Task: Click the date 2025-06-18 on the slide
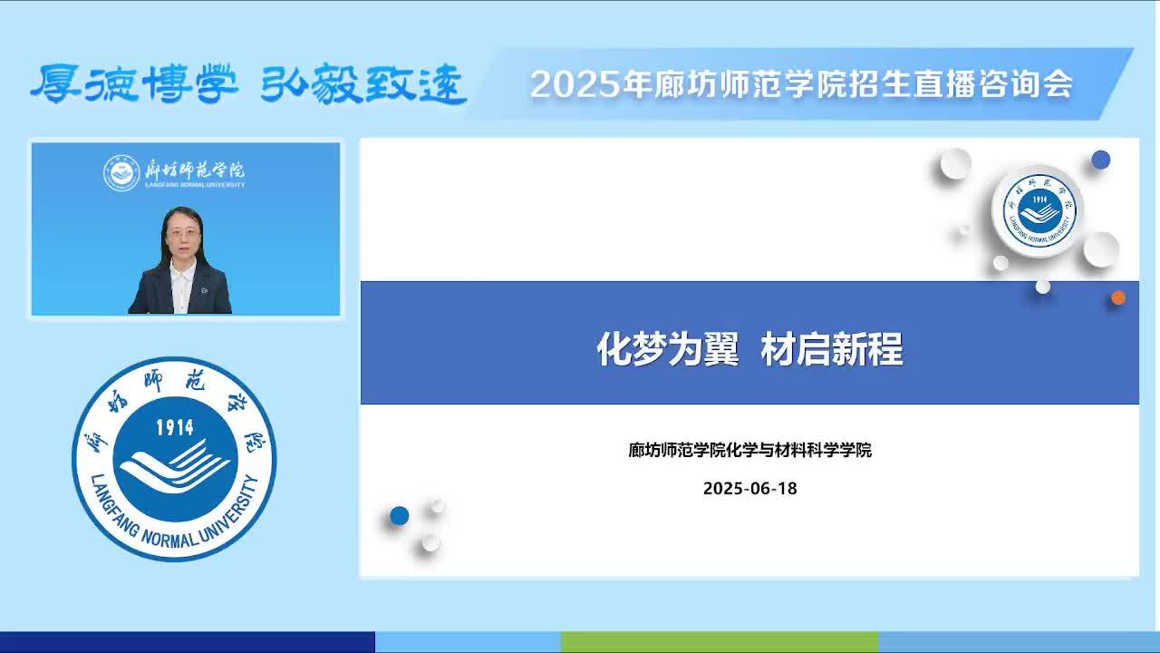tap(749, 488)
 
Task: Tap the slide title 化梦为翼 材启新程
tap(749, 349)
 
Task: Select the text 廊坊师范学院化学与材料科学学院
tap(749, 450)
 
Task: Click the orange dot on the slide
tap(1118, 297)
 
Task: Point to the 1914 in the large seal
tap(175, 427)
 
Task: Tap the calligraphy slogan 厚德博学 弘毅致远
tap(248, 83)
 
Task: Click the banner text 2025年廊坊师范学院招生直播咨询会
tap(801, 84)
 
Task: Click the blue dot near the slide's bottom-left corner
tap(400, 516)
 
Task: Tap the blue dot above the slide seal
tap(1101, 160)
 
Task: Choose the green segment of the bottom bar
tap(720, 641)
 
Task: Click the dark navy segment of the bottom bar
tap(188, 641)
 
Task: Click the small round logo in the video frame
tap(121, 172)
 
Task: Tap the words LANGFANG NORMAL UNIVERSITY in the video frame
tap(195, 184)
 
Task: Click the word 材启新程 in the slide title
tap(832, 349)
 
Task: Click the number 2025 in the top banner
tap(575, 84)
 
